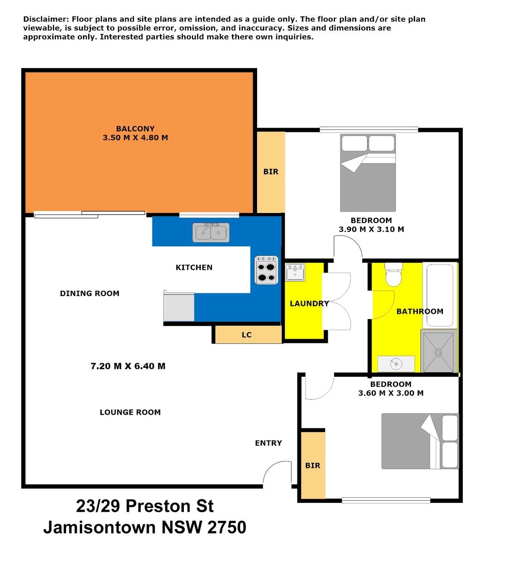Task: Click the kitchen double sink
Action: (x=211, y=232)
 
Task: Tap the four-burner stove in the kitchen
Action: (x=266, y=270)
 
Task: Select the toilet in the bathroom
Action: (x=393, y=275)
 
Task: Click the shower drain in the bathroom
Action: (x=439, y=351)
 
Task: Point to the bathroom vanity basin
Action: (x=396, y=364)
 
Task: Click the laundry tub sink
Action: (x=295, y=273)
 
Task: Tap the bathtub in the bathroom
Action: (x=439, y=295)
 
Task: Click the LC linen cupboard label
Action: (x=247, y=335)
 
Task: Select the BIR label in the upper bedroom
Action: (x=271, y=172)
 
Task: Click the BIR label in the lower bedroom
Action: (x=312, y=465)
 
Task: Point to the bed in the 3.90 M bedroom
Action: (x=368, y=174)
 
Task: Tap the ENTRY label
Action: (x=268, y=443)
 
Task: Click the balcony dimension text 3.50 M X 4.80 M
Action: (x=135, y=138)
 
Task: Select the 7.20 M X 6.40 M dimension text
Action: (x=128, y=366)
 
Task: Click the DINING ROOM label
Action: (x=90, y=294)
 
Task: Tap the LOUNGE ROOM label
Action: (x=130, y=412)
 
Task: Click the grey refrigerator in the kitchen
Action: (x=179, y=306)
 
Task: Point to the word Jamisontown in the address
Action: (x=99, y=527)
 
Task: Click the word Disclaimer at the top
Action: (x=45, y=19)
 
